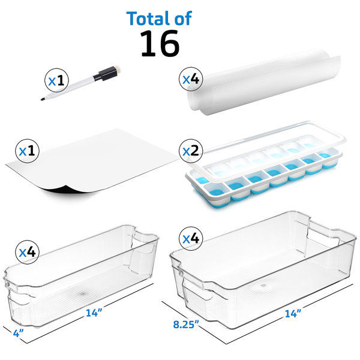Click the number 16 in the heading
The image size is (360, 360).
point(159,43)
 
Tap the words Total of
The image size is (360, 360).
point(159,18)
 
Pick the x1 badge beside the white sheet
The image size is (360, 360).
point(29,152)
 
